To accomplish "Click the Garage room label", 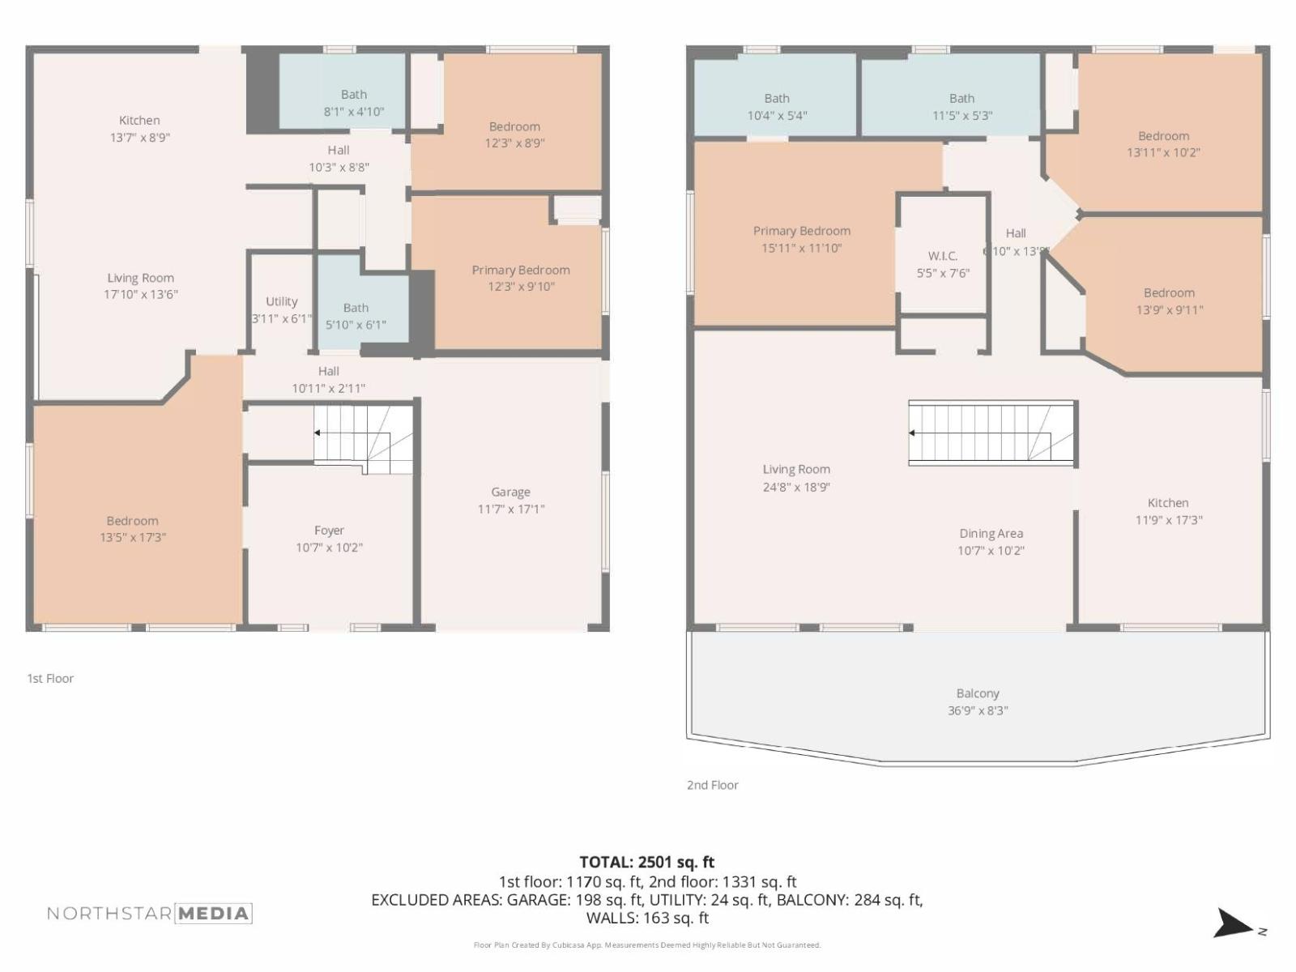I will point(510,492).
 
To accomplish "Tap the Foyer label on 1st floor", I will point(329,530).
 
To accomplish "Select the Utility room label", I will point(281,301).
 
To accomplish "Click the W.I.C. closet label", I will point(943,256).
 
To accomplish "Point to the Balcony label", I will point(978,693).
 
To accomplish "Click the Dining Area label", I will point(991,533).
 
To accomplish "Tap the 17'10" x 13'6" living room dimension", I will point(140,295).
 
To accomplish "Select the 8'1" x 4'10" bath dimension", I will point(354,112).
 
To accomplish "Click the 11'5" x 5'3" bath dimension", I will point(961,116).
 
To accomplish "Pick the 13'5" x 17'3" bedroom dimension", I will point(133,538).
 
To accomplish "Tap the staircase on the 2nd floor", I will point(991,433).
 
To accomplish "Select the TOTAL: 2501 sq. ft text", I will point(646,862).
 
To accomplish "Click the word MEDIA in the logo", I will point(213,914).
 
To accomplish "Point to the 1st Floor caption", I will point(50,679).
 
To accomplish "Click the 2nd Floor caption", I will point(712,785).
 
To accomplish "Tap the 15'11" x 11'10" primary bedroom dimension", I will point(801,249).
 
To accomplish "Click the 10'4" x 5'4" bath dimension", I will point(776,116).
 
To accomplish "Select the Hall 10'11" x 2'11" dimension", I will point(328,389).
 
